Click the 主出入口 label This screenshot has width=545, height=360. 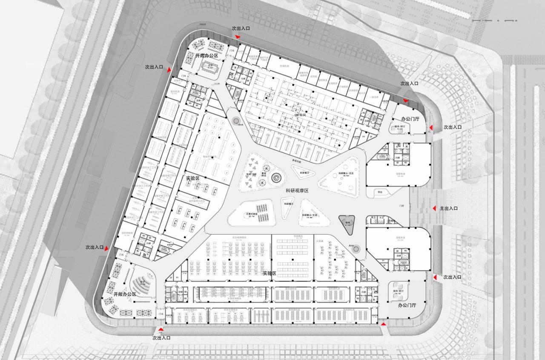point(449,208)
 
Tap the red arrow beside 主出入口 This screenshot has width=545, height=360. point(434,208)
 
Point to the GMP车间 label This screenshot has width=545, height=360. point(301,115)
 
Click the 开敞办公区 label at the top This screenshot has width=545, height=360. point(207,56)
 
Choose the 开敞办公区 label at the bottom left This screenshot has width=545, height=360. point(125,294)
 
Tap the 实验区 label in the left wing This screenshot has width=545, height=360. point(192,178)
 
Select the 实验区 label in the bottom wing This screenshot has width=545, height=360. point(269,273)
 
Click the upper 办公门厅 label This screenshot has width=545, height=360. point(410,119)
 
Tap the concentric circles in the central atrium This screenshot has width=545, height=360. point(276,176)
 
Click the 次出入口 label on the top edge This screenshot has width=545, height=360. point(241,28)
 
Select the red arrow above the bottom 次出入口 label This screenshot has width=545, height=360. point(161,330)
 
